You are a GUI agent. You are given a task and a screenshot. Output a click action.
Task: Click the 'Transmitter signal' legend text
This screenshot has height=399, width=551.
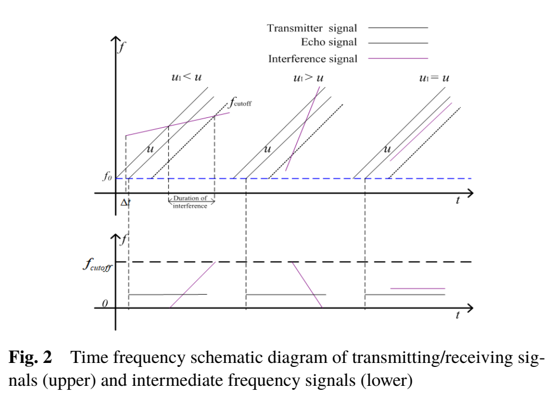point(312,28)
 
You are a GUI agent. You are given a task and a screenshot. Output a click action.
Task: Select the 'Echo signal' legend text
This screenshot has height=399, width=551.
point(329,42)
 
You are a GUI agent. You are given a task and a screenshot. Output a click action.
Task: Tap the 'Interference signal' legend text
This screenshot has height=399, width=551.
point(312,59)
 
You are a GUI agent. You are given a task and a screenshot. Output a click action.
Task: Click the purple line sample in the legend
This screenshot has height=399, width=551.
point(397,58)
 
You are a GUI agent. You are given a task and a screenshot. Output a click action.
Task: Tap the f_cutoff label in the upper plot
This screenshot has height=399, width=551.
point(241,103)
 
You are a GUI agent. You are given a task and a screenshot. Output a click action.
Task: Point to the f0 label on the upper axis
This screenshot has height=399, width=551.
point(107,177)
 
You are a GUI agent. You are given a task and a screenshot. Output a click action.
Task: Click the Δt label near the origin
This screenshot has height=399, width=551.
point(125,202)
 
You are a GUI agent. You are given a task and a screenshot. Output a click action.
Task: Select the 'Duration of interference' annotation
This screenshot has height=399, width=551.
point(191,202)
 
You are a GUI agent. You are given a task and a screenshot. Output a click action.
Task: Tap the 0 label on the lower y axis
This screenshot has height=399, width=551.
point(105,303)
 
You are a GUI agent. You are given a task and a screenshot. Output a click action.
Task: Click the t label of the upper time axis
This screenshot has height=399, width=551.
point(458,201)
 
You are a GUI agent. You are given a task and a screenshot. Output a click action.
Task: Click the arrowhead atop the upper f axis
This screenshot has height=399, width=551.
point(115,41)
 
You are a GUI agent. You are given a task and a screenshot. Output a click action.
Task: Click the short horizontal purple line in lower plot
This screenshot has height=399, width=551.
point(418,289)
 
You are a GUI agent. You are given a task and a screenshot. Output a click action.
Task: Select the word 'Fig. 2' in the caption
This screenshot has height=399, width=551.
point(30,358)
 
